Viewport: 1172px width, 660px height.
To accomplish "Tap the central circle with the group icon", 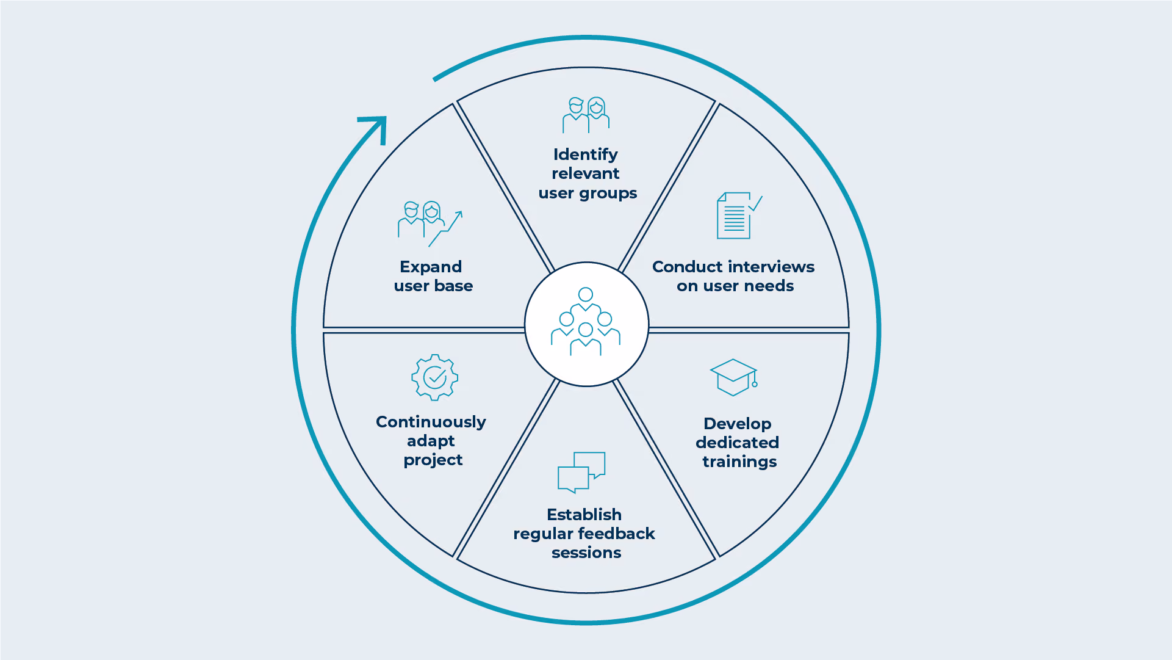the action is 586,324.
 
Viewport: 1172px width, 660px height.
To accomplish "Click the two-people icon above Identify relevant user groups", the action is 586,115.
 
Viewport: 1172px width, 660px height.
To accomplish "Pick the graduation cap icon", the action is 734,377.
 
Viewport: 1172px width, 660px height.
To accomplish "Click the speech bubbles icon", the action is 581,472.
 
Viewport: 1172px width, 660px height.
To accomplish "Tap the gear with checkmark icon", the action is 434,377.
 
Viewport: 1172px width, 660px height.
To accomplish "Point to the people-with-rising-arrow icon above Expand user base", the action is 430,224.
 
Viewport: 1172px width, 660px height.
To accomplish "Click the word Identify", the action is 585,155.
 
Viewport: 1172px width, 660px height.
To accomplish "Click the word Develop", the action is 737,424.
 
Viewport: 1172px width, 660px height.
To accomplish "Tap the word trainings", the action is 739,462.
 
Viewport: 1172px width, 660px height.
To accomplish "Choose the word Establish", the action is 584,515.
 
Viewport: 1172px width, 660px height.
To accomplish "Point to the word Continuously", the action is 431,422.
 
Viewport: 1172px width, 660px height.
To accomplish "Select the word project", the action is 433,460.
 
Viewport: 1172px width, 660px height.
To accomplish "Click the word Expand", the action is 431,267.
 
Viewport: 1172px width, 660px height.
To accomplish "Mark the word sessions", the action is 586,553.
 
